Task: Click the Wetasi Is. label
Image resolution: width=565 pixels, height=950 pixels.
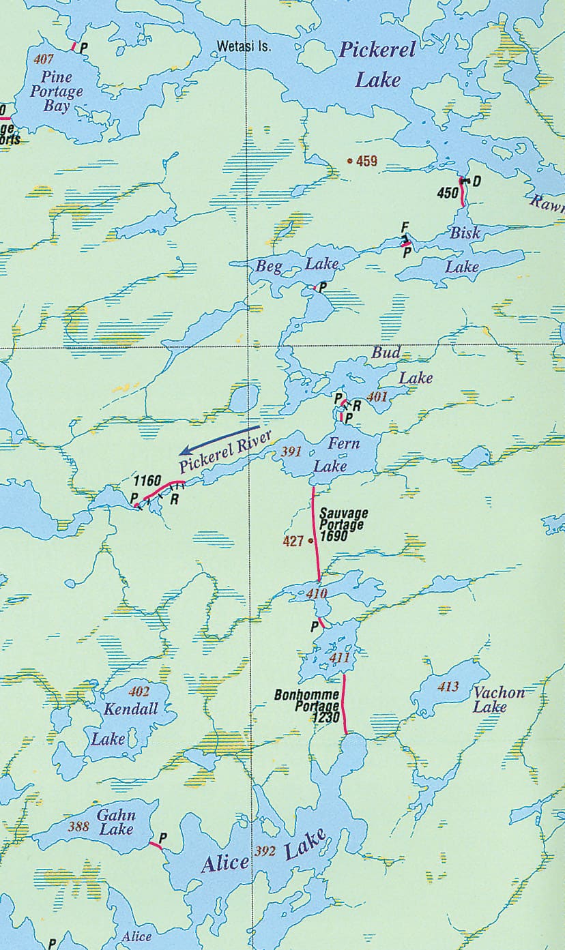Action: point(244,48)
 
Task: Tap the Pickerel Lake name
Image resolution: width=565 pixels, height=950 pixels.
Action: point(377,65)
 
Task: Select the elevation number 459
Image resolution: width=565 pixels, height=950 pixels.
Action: point(366,162)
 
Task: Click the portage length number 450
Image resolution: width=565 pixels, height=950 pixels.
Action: point(448,193)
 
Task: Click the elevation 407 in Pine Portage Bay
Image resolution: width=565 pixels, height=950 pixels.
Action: point(43,59)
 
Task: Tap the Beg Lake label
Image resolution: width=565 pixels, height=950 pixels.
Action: point(297,265)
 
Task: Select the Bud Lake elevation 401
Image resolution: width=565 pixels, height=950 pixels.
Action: point(377,396)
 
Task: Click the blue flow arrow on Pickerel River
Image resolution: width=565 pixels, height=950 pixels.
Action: point(218,441)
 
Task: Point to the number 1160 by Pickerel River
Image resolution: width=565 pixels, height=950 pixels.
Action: point(147,480)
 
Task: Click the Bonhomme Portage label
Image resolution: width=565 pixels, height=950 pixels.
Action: point(306,701)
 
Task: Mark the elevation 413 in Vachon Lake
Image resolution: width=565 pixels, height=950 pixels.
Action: point(448,687)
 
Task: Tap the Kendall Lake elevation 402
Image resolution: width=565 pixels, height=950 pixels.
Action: point(139,691)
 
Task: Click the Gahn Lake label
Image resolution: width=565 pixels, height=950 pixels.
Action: point(116,822)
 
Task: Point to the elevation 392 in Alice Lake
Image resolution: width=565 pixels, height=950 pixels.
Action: point(264,850)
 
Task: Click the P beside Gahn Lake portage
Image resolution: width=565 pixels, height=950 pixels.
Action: point(163,837)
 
